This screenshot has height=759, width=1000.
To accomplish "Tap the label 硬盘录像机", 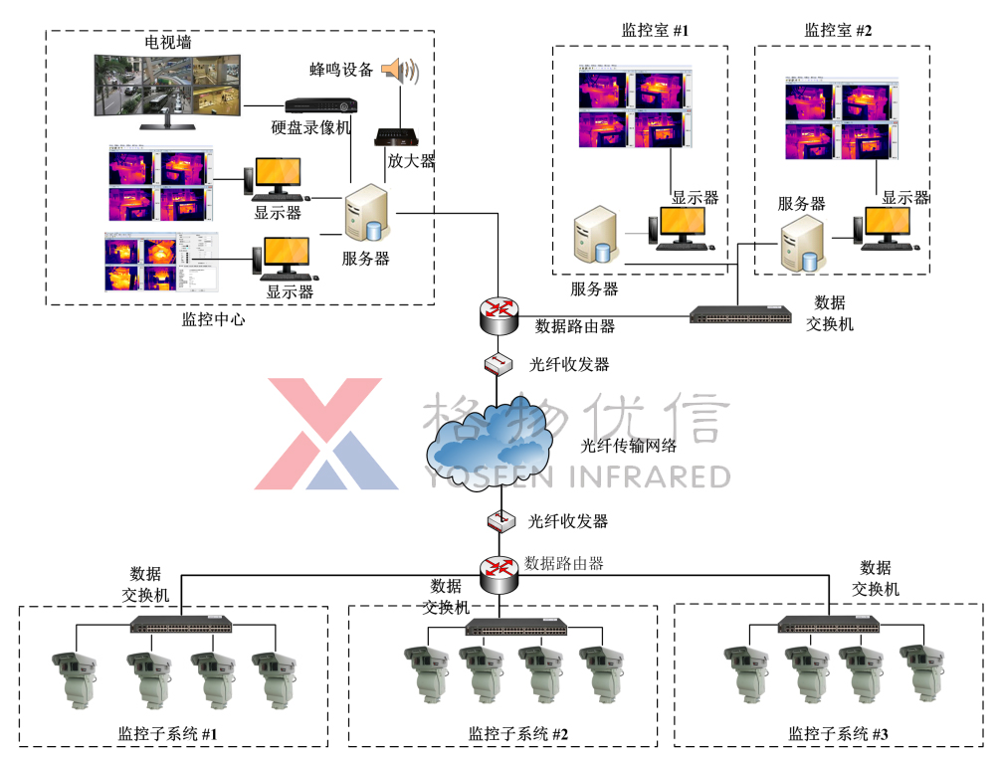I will pyautogui.click(x=311, y=128).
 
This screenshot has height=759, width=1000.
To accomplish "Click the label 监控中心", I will pyautogui.click(x=213, y=320).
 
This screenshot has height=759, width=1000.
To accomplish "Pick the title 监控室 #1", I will pyautogui.click(x=655, y=31).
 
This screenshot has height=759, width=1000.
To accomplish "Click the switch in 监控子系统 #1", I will pyautogui.click(x=182, y=625).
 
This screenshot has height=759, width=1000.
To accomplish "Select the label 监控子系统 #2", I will pyautogui.click(x=517, y=734).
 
